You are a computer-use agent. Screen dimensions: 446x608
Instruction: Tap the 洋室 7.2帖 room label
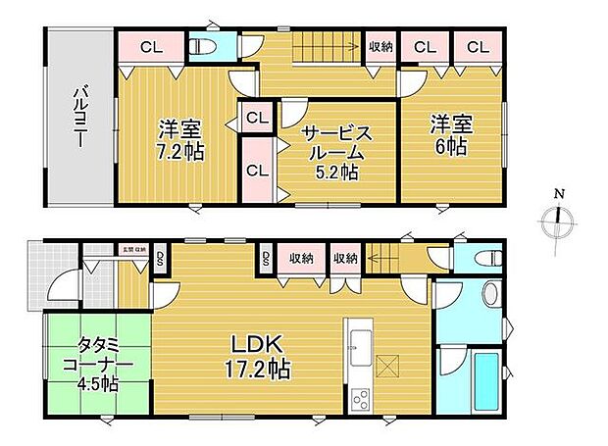pos(178,140)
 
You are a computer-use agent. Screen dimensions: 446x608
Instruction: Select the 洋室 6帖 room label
pos(450,133)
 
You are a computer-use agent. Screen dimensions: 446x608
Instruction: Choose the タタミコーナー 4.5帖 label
pos(97,360)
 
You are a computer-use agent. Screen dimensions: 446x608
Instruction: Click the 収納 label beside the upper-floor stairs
pos(381,46)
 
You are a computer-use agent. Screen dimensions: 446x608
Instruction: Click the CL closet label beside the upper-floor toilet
pos(150,46)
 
